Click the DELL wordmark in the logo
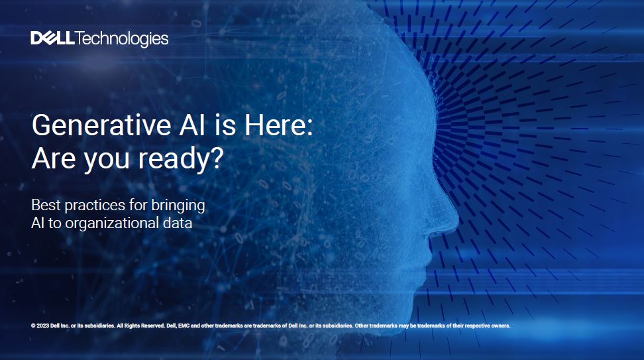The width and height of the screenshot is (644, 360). tap(53, 39)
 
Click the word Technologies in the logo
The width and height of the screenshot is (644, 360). tap(123, 40)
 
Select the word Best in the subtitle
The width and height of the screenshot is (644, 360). tap(46, 204)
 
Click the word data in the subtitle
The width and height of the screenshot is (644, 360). tap(176, 223)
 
